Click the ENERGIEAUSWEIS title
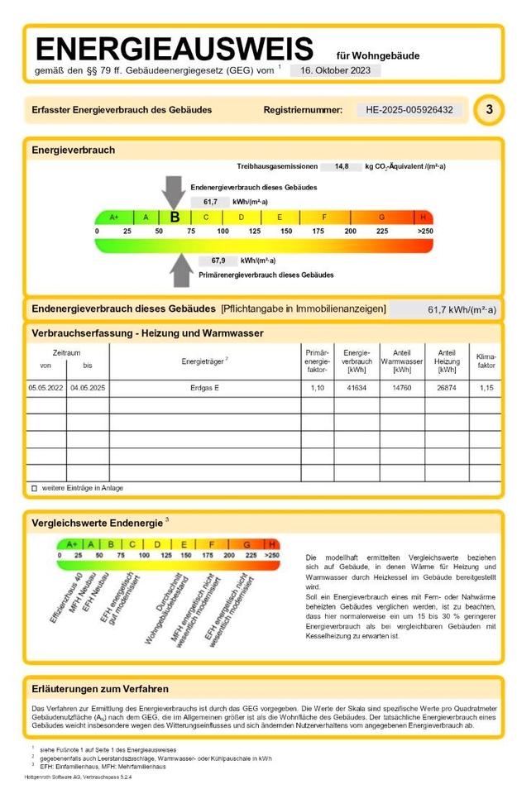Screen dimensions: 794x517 pyautogui.click(x=175, y=48)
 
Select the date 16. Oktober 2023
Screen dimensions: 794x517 pyautogui.click(x=335, y=71)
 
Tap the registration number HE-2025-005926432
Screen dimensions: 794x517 pyautogui.click(x=410, y=110)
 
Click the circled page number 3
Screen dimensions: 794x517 pyautogui.click(x=489, y=109)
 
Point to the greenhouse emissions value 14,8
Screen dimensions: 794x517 pyautogui.click(x=341, y=166)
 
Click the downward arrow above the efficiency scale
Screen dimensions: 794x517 pyautogui.click(x=174, y=191)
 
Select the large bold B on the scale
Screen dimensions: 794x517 pyautogui.click(x=175, y=217)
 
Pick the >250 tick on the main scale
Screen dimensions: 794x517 pyautogui.click(x=424, y=232)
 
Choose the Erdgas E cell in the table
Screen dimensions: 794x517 pyautogui.click(x=204, y=387)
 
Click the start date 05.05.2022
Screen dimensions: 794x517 pyautogui.click(x=45, y=387)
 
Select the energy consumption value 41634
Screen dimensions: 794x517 pyautogui.click(x=357, y=387)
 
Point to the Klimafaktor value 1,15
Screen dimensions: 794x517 pyautogui.click(x=486, y=387)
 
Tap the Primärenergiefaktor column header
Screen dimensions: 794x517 pyautogui.click(x=317, y=361)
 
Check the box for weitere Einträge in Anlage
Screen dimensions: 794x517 pyautogui.click(x=35, y=488)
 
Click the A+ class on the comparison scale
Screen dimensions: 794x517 pyautogui.click(x=71, y=544)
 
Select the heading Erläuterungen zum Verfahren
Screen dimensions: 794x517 pyautogui.click(x=100, y=689)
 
